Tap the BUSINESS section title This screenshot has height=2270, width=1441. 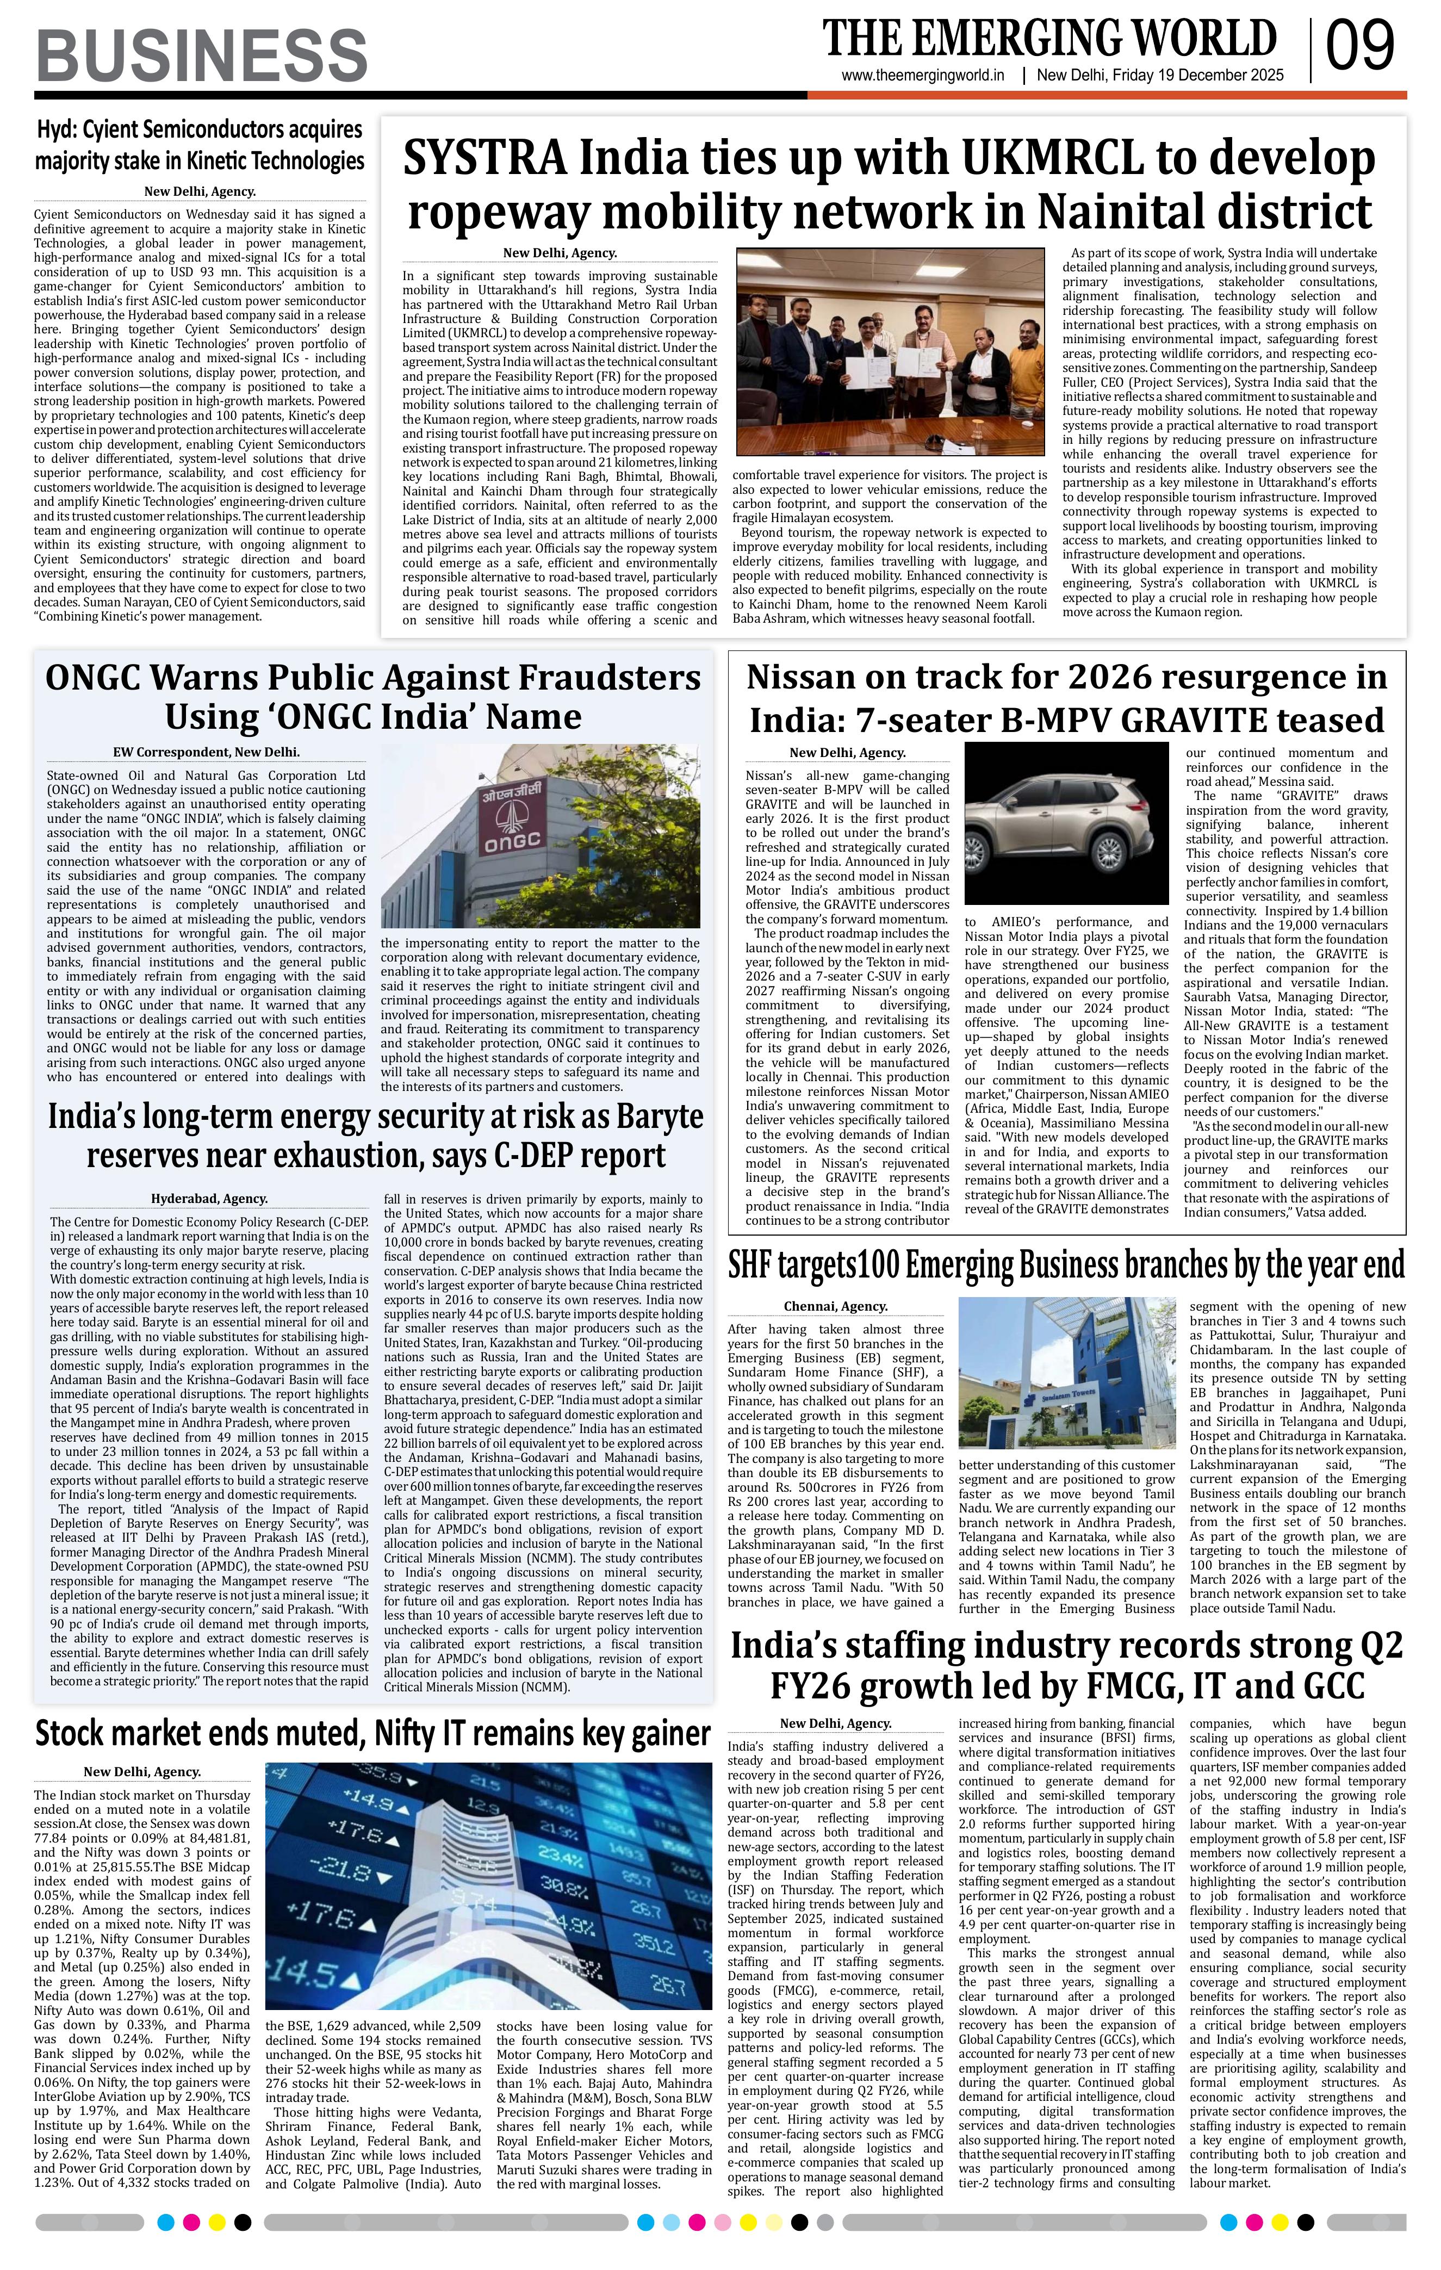coord(202,55)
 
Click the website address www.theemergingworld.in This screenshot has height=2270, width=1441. coord(923,76)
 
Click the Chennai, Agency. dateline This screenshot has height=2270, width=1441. coord(835,1306)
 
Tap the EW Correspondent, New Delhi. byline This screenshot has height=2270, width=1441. coord(207,752)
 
